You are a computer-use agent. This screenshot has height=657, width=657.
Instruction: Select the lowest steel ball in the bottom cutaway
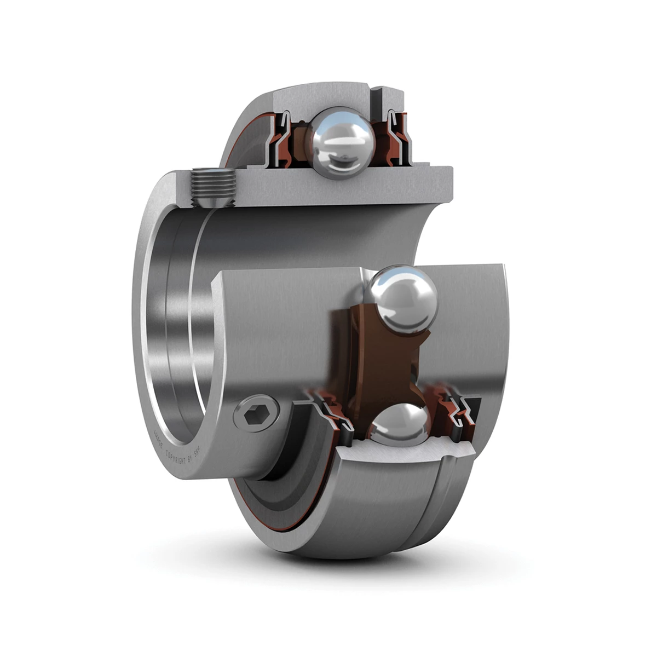pyautogui.click(x=398, y=424)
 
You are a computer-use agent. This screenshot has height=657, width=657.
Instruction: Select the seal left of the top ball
pyautogui.click(x=282, y=137)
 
